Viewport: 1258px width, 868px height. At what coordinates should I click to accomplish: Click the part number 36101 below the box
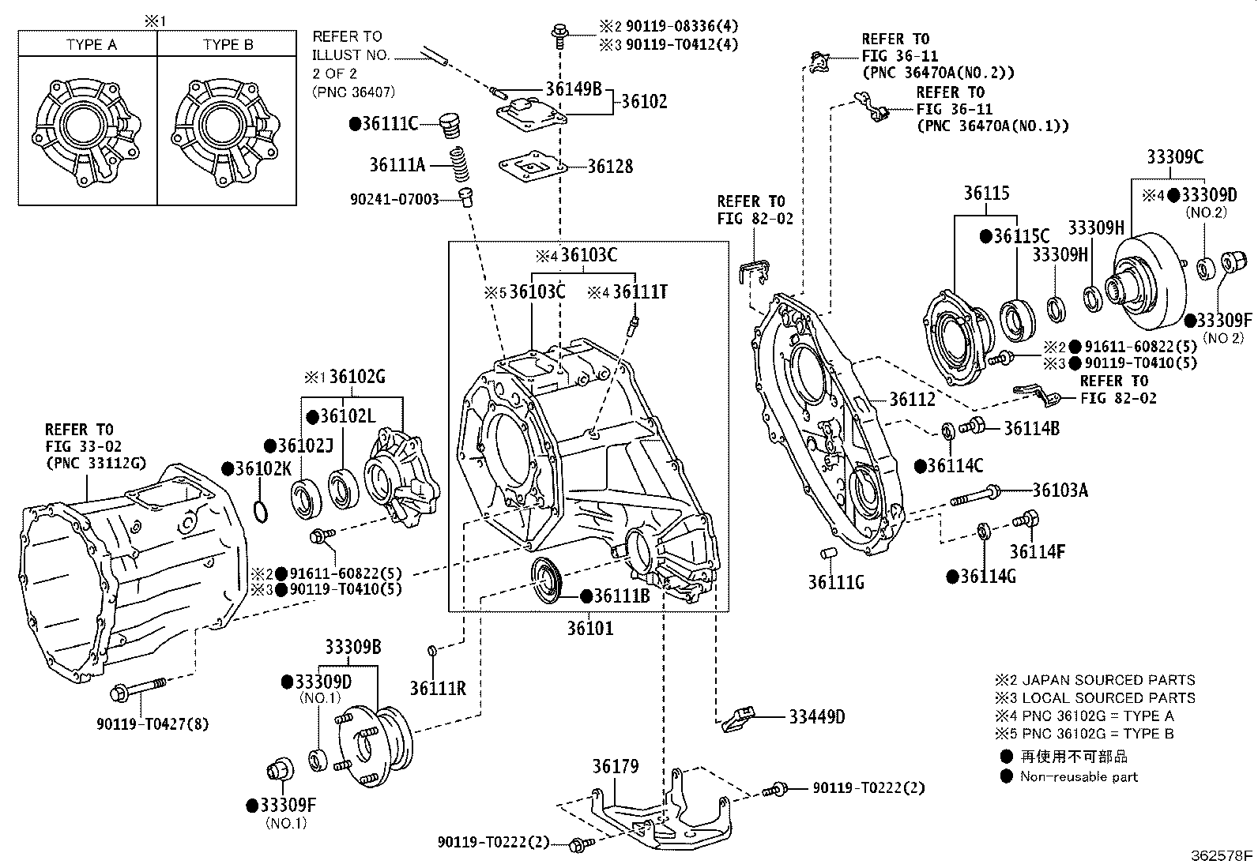(x=589, y=629)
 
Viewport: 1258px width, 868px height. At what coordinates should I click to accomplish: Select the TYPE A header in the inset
(x=92, y=45)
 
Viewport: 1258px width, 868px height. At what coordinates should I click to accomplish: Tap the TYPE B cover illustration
(x=226, y=130)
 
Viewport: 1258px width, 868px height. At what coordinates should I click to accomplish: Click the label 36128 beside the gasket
(x=610, y=167)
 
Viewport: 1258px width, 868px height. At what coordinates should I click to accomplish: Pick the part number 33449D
(x=817, y=717)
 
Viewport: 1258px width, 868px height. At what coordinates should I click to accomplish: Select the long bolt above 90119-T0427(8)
(x=139, y=690)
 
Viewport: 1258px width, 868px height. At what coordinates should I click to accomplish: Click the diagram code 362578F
(x=1222, y=855)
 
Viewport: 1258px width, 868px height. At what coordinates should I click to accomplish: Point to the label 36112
(x=913, y=400)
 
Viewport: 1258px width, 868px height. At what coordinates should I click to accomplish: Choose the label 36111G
(x=836, y=583)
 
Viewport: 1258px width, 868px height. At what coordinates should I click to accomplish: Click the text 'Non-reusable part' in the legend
(x=1079, y=776)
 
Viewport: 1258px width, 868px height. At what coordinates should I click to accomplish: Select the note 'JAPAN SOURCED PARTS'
(x=1108, y=680)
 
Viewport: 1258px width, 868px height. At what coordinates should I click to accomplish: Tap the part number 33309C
(x=1175, y=157)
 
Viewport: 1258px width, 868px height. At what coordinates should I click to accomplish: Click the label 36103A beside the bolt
(x=1060, y=490)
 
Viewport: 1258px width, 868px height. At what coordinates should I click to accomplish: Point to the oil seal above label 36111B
(x=546, y=580)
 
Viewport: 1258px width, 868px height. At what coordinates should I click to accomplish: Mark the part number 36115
(x=985, y=194)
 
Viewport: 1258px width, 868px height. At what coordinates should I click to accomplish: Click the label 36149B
(x=574, y=88)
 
